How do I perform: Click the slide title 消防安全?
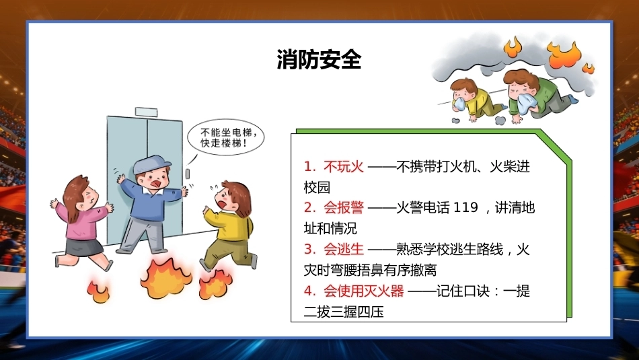pyautogui.click(x=319, y=59)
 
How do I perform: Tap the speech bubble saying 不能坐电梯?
pyautogui.click(x=225, y=137)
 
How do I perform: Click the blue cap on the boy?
pyautogui.click(x=151, y=164)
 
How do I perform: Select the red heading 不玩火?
pyautogui.click(x=344, y=166)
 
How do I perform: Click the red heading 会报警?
pyautogui.click(x=344, y=207)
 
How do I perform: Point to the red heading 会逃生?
pyautogui.click(x=344, y=249)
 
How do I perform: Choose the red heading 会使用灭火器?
pyautogui.click(x=363, y=291)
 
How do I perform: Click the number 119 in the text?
pyautogui.click(x=465, y=207)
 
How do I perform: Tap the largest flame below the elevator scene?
pyautogui.click(x=165, y=278)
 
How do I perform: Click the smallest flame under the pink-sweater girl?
pyautogui.click(x=98, y=292)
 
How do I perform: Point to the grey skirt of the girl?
pyautogui.click(x=83, y=246)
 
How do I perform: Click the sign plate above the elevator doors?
pyautogui.click(x=146, y=112)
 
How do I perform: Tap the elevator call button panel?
pyautogui.click(x=188, y=174)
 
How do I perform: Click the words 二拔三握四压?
pyautogui.click(x=344, y=312)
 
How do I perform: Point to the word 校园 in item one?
pyautogui.click(x=317, y=187)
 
